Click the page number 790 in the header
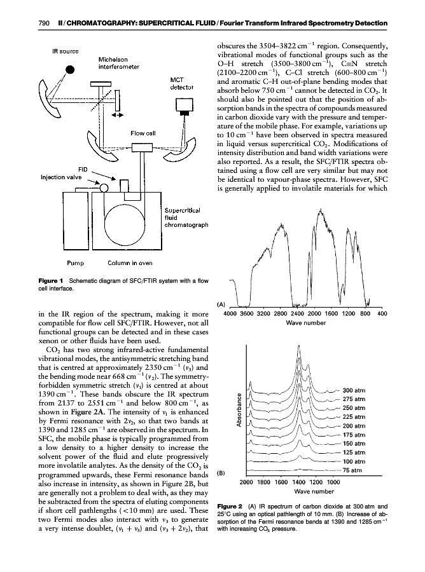pyautogui.click(x=27, y=24)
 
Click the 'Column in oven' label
pyautogui.click(x=129, y=261)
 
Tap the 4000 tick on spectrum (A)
pyautogui.click(x=230, y=313)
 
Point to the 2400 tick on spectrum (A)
pyautogui.click(x=297, y=313)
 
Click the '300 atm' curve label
pyautogui.click(x=354, y=390)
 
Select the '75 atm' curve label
pyautogui.click(x=352, y=470)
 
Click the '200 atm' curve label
pyautogui.click(x=354, y=426)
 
